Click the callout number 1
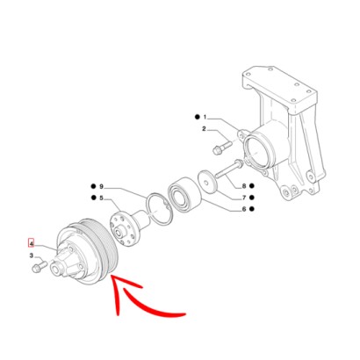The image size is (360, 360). click(x=205, y=118)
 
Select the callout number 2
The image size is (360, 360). click(x=204, y=129)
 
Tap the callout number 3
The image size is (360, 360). click(x=32, y=256)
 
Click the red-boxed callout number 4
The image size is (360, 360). click(x=32, y=243)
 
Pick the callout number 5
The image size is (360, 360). click(x=101, y=198)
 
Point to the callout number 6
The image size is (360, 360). click(x=244, y=209)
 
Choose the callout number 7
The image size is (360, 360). click(x=244, y=198)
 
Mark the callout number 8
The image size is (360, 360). click(x=244, y=186)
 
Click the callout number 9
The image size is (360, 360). click(x=101, y=186)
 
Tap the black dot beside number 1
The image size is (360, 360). click(x=198, y=117)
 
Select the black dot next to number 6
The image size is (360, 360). click(x=252, y=209)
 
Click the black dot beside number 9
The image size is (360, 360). click(x=93, y=186)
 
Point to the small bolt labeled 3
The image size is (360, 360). click(x=39, y=266)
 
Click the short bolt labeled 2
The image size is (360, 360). click(x=221, y=148)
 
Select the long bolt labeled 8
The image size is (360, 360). click(x=229, y=169)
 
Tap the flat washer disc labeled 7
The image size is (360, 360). click(x=207, y=183)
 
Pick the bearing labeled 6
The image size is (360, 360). click(x=184, y=194)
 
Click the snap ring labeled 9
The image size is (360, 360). click(x=159, y=209)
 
